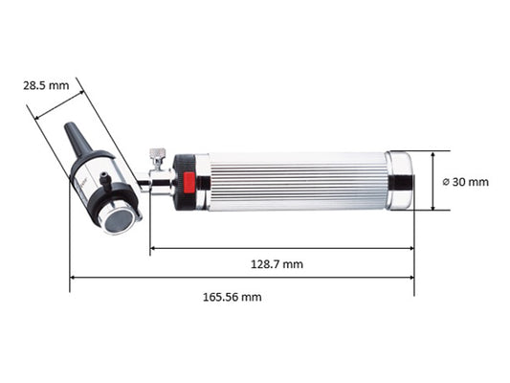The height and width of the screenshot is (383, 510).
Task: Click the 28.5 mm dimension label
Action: (x=46, y=85)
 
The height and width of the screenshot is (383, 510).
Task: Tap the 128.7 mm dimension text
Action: (x=277, y=264)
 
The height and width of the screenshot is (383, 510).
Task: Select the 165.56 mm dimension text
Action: (x=233, y=297)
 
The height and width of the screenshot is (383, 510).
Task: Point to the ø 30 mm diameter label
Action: (x=466, y=182)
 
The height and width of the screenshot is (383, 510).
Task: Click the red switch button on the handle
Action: (x=188, y=182)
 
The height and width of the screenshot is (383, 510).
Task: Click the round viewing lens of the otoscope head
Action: (x=119, y=221)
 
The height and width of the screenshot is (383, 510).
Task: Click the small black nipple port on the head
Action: (x=105, y=180)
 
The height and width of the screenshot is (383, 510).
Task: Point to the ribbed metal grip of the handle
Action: (x=299, y=181)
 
